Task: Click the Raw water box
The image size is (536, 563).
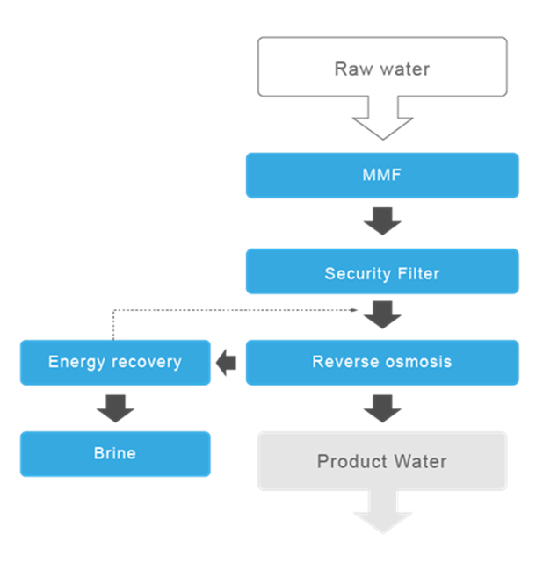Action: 381,67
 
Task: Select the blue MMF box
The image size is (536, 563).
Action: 381,175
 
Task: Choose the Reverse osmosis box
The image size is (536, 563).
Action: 381,362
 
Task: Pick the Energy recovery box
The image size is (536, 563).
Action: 115,362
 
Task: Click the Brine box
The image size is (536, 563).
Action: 115,453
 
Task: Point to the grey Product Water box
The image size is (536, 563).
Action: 381,461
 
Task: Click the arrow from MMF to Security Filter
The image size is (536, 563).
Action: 381,222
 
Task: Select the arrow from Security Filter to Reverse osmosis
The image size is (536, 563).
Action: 381,314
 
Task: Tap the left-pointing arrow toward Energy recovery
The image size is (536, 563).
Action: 227,362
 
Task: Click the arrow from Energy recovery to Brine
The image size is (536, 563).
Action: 115,408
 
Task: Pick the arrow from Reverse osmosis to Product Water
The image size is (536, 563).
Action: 381,408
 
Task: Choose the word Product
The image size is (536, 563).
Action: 349,461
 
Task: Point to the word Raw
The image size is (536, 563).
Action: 351,69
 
